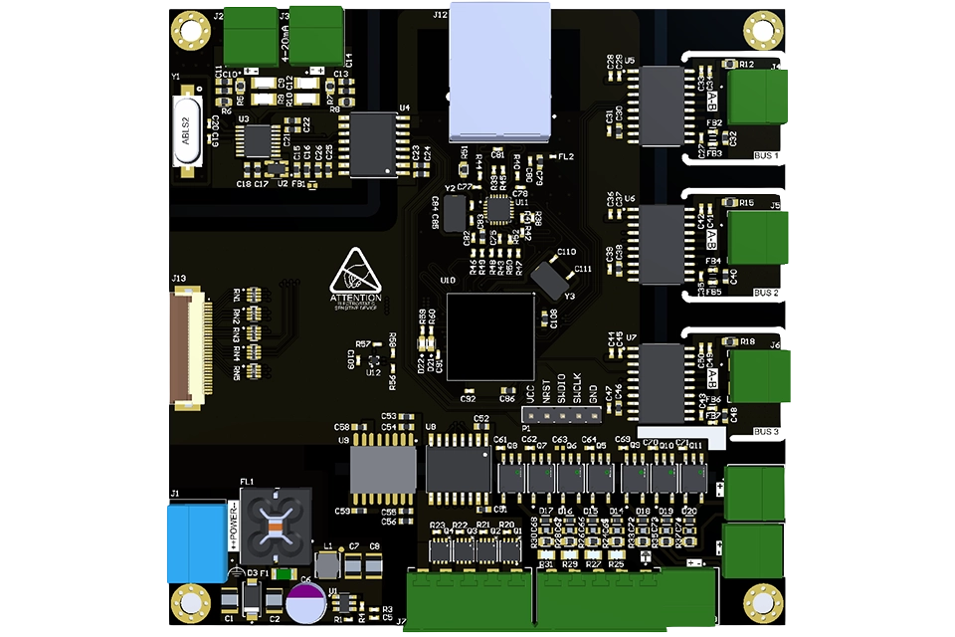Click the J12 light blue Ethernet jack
click(501, 72)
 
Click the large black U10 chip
click(490, 336)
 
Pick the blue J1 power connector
click(194, 543)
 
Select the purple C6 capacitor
click(304, 603)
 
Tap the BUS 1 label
click(766, 156)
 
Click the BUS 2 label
click(766, 294)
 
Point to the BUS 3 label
click(766, 432)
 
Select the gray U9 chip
click(383, 468)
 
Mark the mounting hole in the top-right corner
click(764, 29)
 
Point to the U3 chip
click(261, 140)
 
